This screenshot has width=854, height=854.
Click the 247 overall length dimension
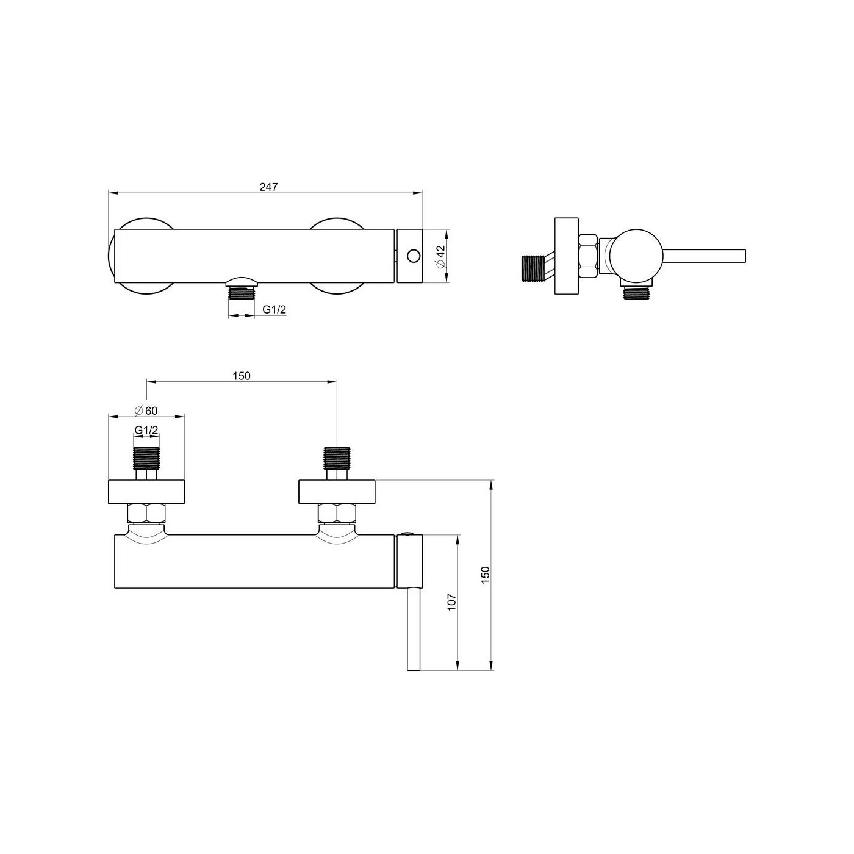(268, 187)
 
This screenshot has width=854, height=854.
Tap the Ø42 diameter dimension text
(440, 257)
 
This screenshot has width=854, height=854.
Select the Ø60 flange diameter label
(146, 411)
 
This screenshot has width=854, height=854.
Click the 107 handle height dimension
(451, 602)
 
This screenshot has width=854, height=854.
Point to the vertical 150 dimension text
(486, 575)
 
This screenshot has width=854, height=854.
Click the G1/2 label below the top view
(274, 309)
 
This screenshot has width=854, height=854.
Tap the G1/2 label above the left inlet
(146, 430)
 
